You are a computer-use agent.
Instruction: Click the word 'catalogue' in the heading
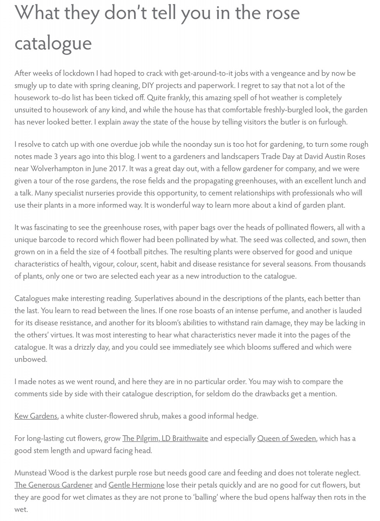click(53, 43)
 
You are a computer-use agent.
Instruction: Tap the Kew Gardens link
click(36, 416)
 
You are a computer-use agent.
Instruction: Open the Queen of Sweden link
click(287, 438)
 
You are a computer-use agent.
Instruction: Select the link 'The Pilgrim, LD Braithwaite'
click(165, 438)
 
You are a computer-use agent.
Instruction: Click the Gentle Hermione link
click(136, 485)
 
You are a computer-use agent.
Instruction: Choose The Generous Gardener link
click(54, 485)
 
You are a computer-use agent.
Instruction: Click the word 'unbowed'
click(30, 359)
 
